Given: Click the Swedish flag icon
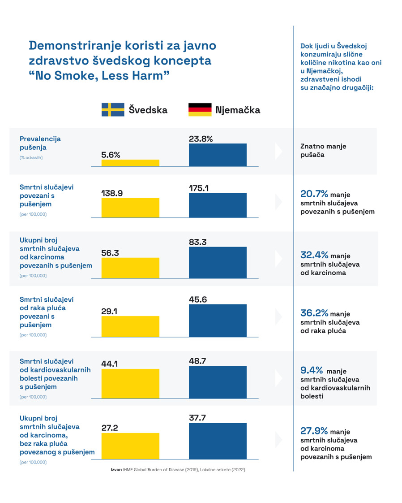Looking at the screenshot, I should pos(113,109).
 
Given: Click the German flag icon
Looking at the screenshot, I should pos(200,109).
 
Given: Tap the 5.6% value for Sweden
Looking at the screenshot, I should pos(111,155).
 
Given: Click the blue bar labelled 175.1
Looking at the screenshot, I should pos(218,205).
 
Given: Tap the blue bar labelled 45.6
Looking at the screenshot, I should pos(218,321).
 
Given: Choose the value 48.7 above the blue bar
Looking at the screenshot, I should pos(197,360).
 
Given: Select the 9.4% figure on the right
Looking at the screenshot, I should pos(312,370).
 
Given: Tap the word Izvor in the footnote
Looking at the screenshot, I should pos(116,470).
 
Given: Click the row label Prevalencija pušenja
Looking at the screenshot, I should pos(40,143).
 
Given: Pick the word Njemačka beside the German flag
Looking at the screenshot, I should pos(237,110).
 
